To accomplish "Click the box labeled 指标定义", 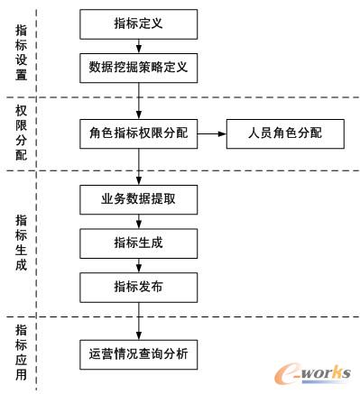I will pos(138,24).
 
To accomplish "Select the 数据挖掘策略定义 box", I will pos(138,67).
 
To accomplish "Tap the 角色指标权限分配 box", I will pos(138,134).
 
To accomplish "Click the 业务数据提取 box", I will pos(138,198).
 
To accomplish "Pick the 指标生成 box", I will pos(138,242).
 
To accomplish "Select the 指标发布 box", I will pos(138,287).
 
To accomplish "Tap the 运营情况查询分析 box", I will pos(138,353).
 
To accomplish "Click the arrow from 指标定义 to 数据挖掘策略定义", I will pos(138,45).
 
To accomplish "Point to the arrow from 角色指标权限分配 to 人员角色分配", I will pos(211,134).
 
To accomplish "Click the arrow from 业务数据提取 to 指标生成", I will pos(138,220).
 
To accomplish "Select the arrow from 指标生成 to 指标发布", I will pos(138,264).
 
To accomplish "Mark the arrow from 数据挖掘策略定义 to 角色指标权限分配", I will pos(138,100).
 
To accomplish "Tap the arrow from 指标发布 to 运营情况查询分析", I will pos(138,319).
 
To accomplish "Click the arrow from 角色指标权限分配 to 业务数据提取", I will pos(138,167).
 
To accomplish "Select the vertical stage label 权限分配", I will pos(22,133).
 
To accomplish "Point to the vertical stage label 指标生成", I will pos(22,239).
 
